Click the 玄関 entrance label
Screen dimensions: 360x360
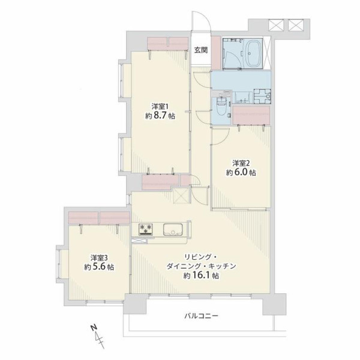point(201,50)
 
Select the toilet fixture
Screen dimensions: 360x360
point(221,107)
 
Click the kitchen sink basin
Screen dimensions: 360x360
point(173,229)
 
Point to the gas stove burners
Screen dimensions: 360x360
point(146,229)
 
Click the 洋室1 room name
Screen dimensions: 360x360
point(160,107)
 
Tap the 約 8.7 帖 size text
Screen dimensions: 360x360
point(160,116)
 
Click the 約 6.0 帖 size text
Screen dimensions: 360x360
point(241,172)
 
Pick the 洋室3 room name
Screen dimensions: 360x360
point(99,257)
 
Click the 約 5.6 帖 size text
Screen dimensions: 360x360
point(99,267)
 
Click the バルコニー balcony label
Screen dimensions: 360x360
point(201,316)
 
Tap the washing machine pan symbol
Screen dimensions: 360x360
point(262,96)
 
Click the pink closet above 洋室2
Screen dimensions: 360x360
point(251,115)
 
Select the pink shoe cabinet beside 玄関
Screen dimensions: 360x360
point(216,53)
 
